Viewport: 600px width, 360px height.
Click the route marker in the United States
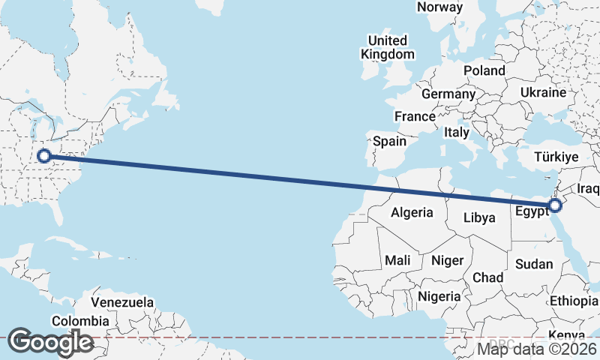click(44, 156)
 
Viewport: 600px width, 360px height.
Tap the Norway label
click(440, 7)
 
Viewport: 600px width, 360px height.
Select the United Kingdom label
click(387, 47)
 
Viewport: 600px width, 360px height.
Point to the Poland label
click(484, 70)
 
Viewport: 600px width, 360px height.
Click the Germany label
click(448, 94)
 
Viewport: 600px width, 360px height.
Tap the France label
click(415, 116)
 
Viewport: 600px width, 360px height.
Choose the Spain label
click(390, 141)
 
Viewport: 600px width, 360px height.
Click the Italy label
click(457, 132)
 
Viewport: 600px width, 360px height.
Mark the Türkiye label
click(556, 157)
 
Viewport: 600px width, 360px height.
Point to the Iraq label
click(589, 188)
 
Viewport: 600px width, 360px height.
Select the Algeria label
click(412, 212)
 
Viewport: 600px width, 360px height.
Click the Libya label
click(479, 218)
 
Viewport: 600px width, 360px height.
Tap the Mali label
click(397, 260)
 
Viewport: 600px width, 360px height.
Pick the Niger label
click(448, 260)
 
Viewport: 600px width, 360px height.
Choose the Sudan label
click(534, 264)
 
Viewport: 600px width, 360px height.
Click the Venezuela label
click(122, 303)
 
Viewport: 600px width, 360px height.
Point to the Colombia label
click(80, 321)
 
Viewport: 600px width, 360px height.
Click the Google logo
click(50, 342)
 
